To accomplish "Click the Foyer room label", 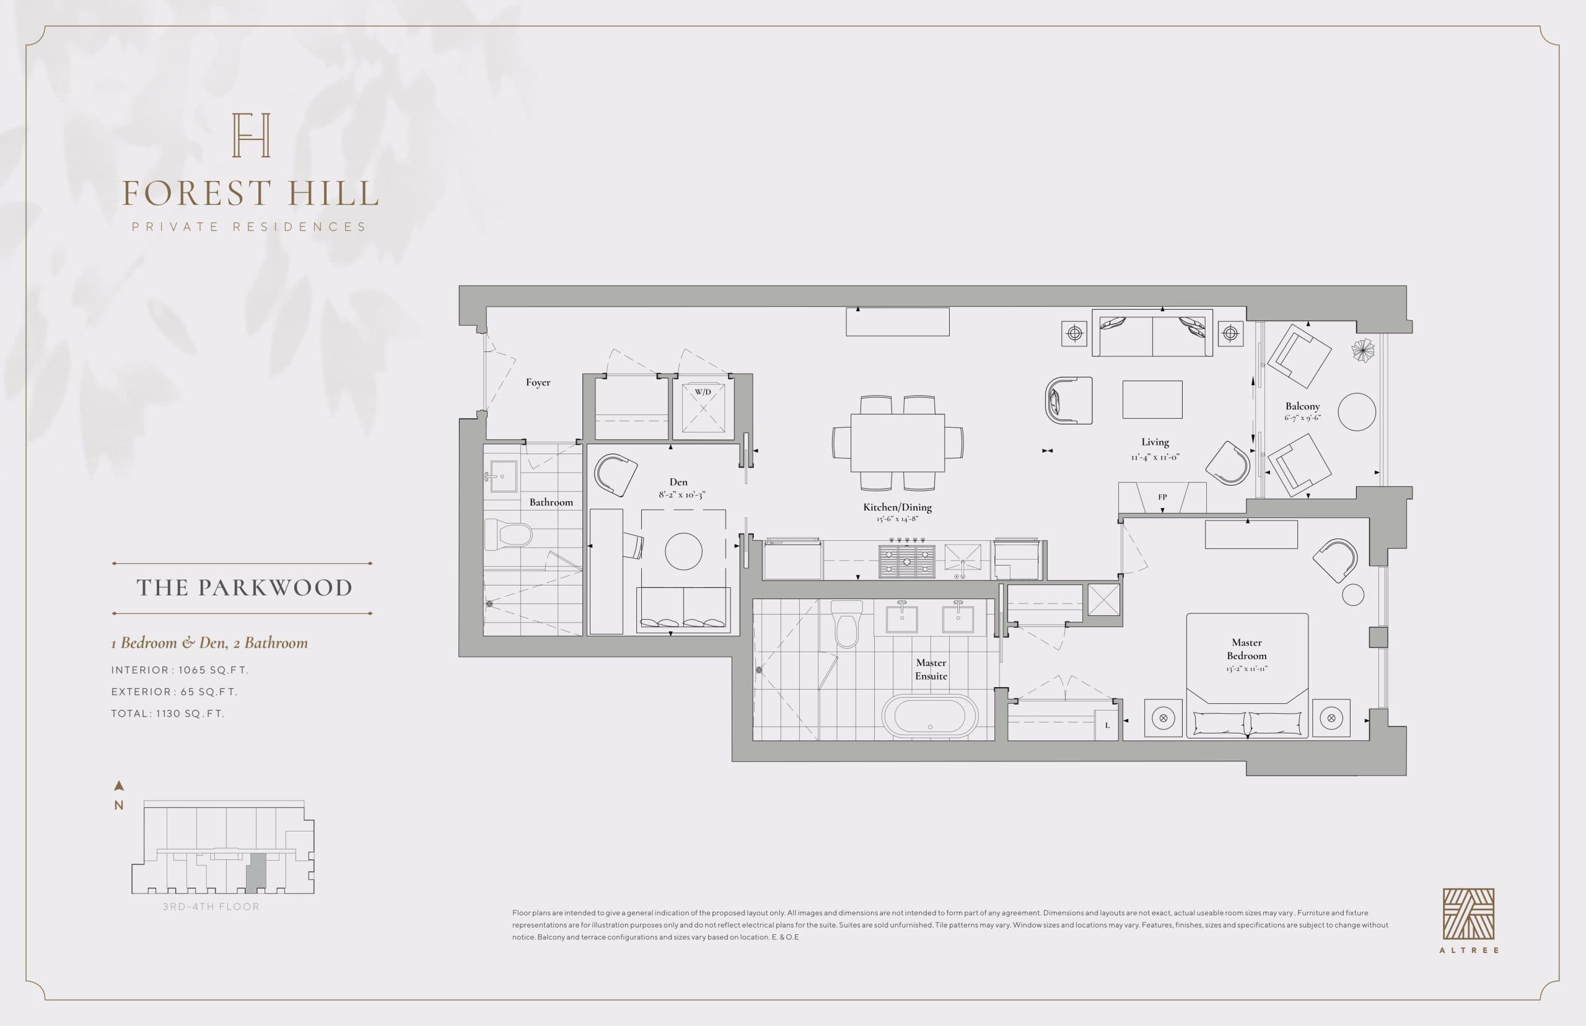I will (x=538, y=382).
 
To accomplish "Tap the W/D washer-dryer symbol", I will (x=703, y=406).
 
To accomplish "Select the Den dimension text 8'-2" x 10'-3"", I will (x=681, y=494).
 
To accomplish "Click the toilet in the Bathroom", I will (x=508, y=535).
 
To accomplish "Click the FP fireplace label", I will (x=1162, y=497).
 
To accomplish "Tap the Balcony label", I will (x=1302, y=406).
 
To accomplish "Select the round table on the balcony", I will (x=1356, y=412).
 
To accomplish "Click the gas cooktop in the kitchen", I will (x=906, y=561).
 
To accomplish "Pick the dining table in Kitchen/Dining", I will (x=897, y=442).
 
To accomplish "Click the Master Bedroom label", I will (x=1246, y=649).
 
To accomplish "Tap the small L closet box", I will (x=1107, y=726).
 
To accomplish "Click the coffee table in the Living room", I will (x=1152, y=400).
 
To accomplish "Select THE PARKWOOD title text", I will (x=244, y=587).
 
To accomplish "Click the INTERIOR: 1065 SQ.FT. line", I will (x=180, y=670).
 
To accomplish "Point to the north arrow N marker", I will (x=119, y=796).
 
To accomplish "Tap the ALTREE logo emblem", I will (x=1468, y=914).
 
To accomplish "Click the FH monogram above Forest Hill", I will (x=250, y=135).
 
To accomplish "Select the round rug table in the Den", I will (x=683, y=551).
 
